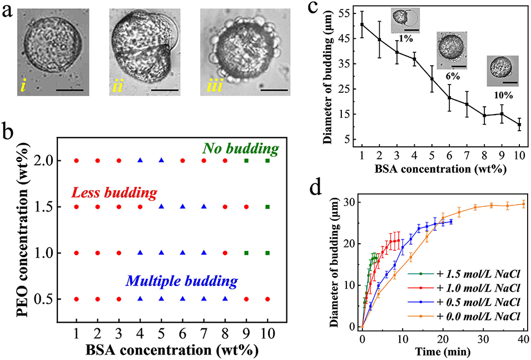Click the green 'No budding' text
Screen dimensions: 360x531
click(240, 149)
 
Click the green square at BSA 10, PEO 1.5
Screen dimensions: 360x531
click(268, 206)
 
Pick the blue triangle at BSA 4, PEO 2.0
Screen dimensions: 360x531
click(140, 160)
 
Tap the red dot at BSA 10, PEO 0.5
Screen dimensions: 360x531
click(268, 299)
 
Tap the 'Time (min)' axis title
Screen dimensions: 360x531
click(442, 352)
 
